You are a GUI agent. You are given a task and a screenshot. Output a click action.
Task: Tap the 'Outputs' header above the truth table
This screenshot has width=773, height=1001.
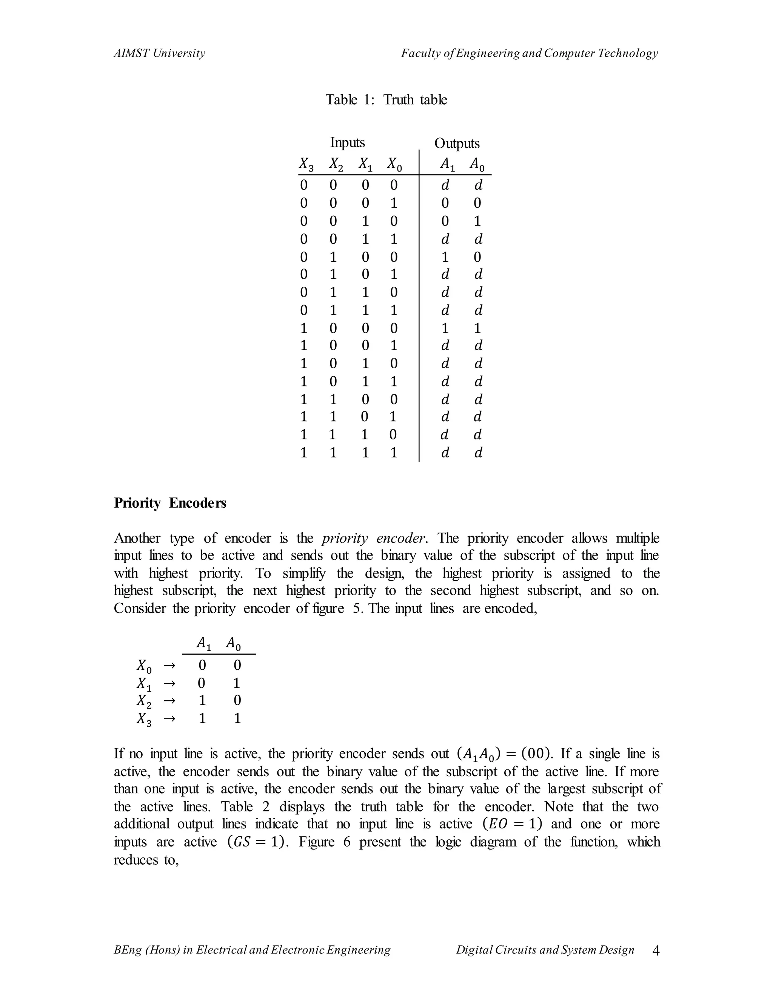point(457,144)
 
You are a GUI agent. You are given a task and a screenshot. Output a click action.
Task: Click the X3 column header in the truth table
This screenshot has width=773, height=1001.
point(306,164)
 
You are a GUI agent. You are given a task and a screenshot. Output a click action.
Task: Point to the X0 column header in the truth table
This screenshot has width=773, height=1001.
point(394,164)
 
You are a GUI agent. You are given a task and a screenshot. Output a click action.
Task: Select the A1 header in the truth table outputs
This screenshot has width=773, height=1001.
point(447,164)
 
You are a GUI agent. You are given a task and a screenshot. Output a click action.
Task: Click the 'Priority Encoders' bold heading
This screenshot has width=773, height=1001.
point(170,503)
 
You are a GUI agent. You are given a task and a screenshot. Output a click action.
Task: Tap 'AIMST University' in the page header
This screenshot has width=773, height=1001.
point(159,53)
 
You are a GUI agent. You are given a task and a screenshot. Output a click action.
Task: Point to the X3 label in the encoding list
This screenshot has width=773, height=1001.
point(143,719)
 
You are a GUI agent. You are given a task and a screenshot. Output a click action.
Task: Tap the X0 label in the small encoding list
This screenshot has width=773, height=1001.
point(143,665)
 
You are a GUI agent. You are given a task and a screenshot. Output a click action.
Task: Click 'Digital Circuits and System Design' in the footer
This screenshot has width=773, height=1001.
point(545,950)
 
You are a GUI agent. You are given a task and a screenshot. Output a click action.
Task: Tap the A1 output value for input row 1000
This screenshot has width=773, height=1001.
point(445,328)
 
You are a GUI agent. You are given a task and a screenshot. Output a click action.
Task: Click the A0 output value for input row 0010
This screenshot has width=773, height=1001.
point(477,221)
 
